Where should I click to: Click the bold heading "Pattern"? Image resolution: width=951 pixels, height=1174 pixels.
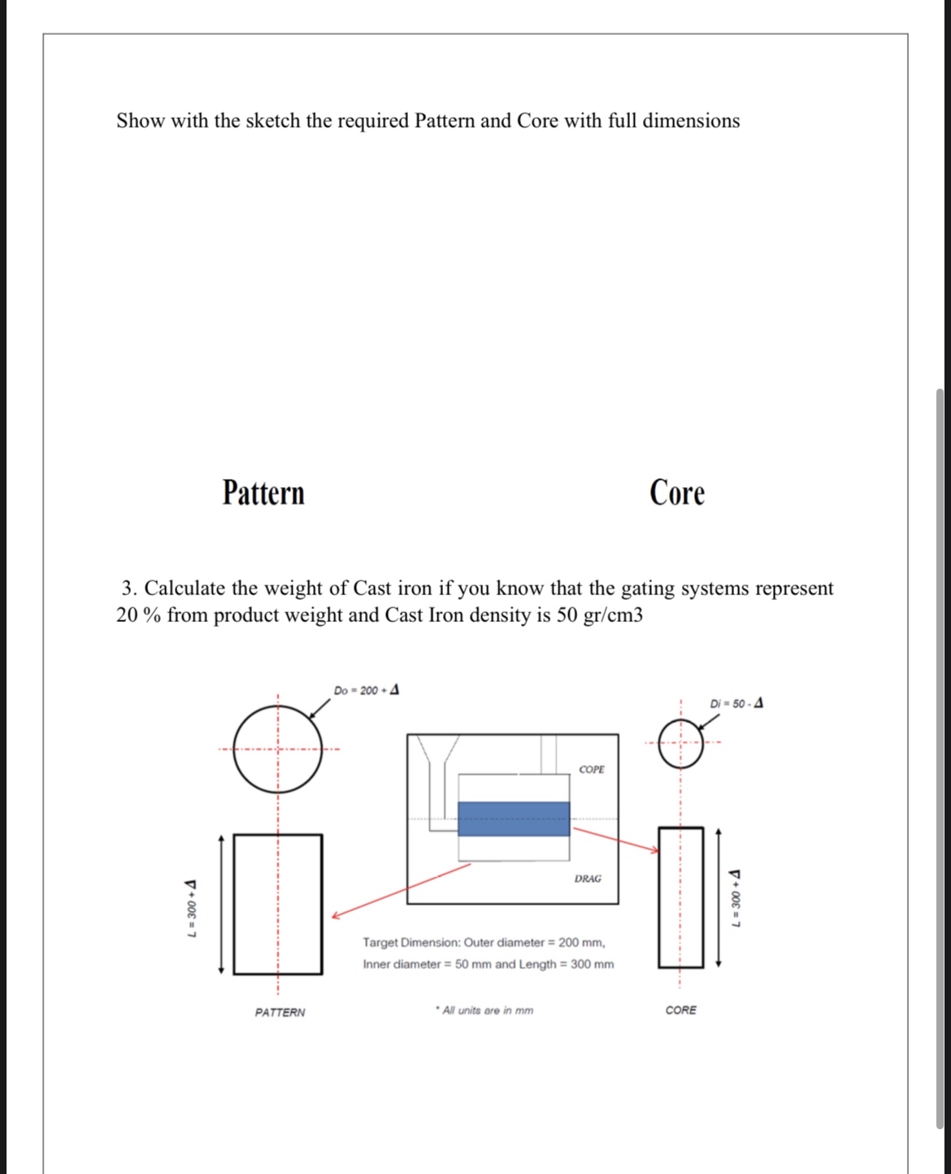click(x=263, y=493)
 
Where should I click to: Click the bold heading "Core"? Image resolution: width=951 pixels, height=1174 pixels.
click(x=676, y=493)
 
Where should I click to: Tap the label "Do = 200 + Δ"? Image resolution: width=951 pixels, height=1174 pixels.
click(x=366, y=690)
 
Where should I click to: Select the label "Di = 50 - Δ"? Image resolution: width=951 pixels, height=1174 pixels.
click(x=736, y=703)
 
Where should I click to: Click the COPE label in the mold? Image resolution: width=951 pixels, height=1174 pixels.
click(x=591, y=769)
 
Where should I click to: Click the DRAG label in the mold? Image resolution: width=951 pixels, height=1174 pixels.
click(x=588, y=879)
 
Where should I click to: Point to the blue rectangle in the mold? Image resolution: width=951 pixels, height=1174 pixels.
click(x=513, y=819)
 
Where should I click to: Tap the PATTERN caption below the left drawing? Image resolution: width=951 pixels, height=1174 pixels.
click(x=280, y=1012)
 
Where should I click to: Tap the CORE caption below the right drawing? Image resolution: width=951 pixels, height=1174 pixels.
click(x=680, y=1010)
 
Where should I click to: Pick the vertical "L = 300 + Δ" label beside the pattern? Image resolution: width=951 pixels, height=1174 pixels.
click(x=192, y=908)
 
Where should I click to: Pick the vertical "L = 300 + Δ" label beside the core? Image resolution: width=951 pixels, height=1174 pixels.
click(x=736, y=900)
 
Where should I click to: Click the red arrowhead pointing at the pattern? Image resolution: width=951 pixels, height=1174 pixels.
click(x=335, y=915)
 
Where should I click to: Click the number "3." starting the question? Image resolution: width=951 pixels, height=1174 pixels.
click(x=130, y=588)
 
